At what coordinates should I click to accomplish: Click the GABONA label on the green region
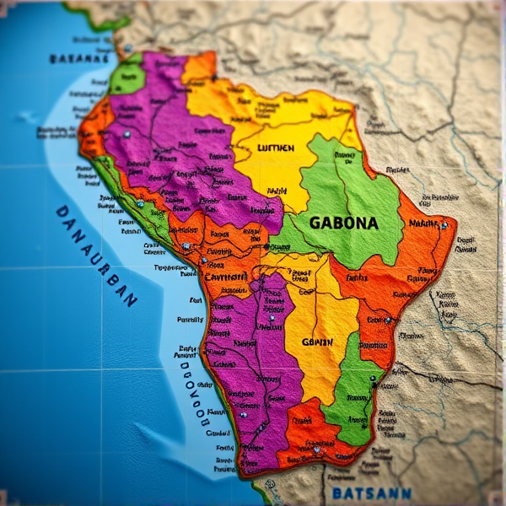[343, 223]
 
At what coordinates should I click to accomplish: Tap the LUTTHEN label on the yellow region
[276, 148]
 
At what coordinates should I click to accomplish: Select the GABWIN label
[317, 342]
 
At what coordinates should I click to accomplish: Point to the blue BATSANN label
[371, 493]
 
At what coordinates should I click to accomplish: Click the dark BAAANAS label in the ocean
[79, 59]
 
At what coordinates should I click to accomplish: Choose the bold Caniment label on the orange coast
[225, 276]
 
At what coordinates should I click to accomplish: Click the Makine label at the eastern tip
[424, 223]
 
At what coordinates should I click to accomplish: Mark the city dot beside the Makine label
[444, 225]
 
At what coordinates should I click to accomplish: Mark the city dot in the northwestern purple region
[126, 134]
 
